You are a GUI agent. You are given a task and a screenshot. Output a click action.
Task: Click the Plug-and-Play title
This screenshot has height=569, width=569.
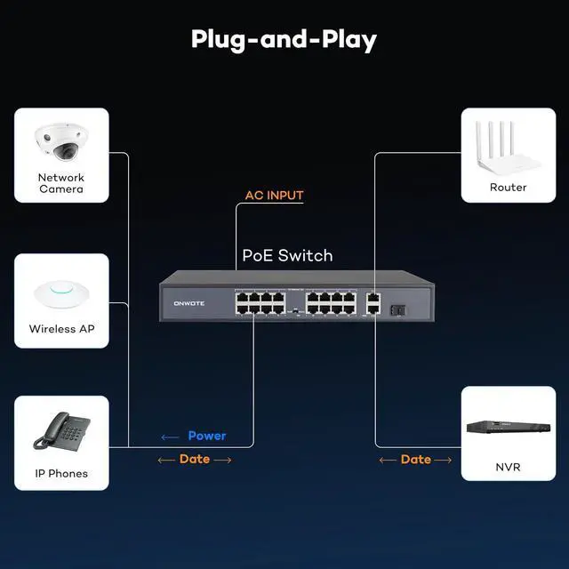point(284,40)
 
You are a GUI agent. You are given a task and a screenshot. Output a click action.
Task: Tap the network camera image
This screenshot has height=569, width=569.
point(61,142)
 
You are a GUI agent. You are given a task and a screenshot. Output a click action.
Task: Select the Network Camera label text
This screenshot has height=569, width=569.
point(61,183)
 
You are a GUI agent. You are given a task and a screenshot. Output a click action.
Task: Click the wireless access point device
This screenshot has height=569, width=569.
point(61,294)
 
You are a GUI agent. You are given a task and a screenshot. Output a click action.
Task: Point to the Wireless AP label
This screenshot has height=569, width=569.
point(61,329)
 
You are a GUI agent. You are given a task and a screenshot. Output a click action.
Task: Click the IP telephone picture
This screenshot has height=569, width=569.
point(61,431)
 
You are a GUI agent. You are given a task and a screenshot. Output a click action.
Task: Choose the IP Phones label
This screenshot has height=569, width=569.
point(61,474)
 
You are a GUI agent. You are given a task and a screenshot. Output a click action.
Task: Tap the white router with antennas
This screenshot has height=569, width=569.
point(508,149)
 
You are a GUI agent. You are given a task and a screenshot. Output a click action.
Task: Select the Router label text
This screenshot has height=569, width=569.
point(508,188)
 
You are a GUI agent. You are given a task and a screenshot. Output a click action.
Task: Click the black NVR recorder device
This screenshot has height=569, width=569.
point(509,427)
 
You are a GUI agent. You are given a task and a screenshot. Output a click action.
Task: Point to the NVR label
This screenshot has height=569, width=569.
point(508,467)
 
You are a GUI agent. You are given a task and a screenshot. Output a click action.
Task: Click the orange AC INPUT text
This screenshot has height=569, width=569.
point(275,196)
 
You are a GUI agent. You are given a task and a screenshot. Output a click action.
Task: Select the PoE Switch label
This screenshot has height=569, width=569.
point(287,255)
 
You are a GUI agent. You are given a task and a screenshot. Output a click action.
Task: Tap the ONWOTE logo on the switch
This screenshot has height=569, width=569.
point(189,303)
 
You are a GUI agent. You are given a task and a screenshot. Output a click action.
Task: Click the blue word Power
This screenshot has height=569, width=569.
point(207,436)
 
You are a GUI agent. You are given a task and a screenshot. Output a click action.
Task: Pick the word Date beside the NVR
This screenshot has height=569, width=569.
point(416,460)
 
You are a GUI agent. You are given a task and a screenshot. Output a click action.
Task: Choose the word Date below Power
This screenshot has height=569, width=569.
point(195,459)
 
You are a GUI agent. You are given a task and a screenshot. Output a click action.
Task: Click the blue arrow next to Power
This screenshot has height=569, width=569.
point(170,437)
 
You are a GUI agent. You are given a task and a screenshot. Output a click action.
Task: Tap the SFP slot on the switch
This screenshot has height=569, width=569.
point(398,310)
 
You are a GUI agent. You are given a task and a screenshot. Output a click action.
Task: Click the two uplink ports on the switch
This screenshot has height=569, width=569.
point(373,303)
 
